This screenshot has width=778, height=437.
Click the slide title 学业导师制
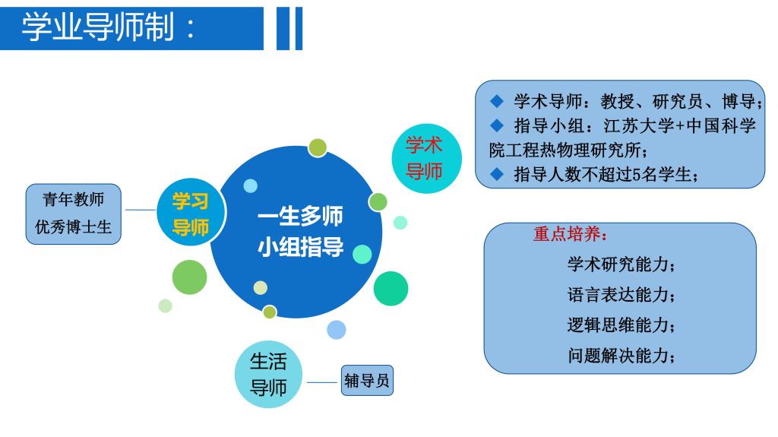coord(98,27)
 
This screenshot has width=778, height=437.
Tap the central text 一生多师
coord(300,217)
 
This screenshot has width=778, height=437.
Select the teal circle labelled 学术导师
coord(426,158)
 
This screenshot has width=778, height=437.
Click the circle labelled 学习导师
coord(191,213)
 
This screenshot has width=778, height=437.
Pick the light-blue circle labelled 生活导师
coord(268,374)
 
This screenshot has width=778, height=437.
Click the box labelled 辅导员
coord(367,381)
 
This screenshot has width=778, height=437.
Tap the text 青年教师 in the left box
coord(74,200)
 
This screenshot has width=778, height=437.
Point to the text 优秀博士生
coord(74,227)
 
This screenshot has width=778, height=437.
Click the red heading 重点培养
coord(570,234)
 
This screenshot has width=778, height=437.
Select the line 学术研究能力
coord(621,264)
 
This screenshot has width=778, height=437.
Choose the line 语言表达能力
coord(621,295)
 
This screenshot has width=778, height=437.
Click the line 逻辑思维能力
coord(621,325)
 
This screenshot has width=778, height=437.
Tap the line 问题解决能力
coord(621,356)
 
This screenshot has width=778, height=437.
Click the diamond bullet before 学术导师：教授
coord(497,101)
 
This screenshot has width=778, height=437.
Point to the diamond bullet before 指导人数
coord(497,174)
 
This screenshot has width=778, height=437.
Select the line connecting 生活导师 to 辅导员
coord(322,382)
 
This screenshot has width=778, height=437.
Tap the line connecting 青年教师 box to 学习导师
coord(141,210)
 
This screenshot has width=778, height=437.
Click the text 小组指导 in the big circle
coord(300,246)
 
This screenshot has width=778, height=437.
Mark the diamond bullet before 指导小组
coord(497,125)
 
